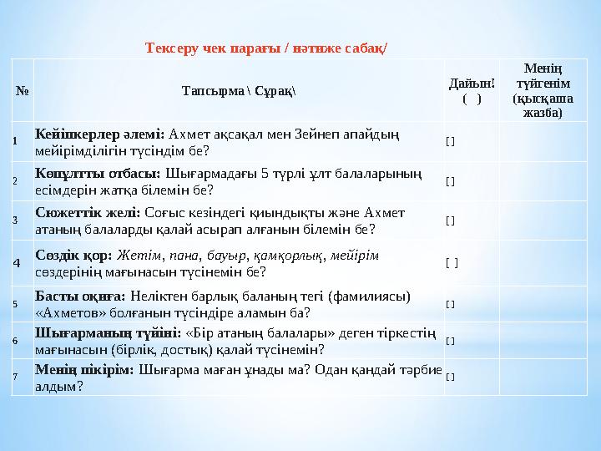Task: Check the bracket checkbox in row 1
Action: [451, 140]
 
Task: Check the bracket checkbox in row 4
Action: [452, 263]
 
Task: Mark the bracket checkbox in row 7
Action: [451, 377]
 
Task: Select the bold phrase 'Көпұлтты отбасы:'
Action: [98, 173]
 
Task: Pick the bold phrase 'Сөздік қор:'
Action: [75, 255]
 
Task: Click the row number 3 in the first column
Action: [15, 220]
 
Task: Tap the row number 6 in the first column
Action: [15, 341]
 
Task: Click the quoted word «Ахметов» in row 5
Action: [70, 313]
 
